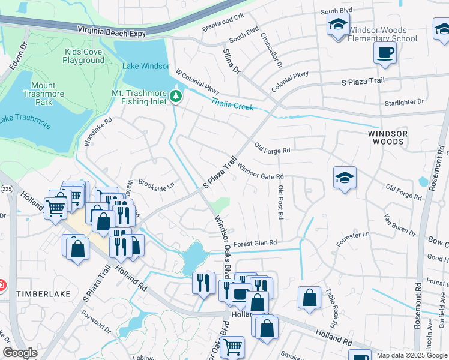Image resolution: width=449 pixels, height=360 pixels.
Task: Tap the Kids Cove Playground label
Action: coord(83,56)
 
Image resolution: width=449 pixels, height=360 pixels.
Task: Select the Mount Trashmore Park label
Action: coord(43,94)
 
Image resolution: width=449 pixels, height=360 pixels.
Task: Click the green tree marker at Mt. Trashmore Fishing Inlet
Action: coord(176,96)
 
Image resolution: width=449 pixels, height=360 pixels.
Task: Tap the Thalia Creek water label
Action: coord(232,104)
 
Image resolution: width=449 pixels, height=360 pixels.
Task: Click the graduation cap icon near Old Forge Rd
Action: coord(345,178)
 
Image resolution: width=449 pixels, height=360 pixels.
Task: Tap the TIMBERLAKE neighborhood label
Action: coord(44,294)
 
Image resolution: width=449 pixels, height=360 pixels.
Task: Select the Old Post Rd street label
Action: coord(280,202)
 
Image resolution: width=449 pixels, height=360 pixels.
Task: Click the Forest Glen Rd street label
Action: coord(255,243)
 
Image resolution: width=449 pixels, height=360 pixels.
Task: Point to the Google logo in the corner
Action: coord(20,353)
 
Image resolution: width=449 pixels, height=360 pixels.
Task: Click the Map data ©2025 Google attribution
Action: coord(411,355)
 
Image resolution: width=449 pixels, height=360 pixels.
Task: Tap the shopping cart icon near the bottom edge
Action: coord(232,347)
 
